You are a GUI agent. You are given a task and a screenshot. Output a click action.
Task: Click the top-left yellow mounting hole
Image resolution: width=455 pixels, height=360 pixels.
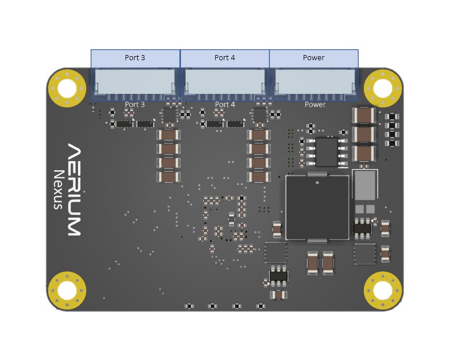(x=67, y=88)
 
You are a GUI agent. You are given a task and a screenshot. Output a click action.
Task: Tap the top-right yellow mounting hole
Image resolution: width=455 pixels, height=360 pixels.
(x=383, y=88)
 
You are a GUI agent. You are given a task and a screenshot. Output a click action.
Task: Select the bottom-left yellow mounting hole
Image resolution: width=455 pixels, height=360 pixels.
(x=67, y=291)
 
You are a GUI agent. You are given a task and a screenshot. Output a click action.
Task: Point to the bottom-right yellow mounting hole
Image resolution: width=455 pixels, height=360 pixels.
(x=383, y=291)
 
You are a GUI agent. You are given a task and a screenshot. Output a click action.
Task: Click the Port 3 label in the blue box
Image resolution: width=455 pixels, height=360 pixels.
(x=135, y=58)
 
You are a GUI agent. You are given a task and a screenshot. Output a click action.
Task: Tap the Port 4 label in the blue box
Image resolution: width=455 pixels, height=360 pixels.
(x=224, y=58)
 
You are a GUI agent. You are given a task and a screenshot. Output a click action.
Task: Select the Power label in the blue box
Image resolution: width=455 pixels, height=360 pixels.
(x=314, y=58)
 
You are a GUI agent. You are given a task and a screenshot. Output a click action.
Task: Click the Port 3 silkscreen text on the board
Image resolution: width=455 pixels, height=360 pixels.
(x=135, y=104)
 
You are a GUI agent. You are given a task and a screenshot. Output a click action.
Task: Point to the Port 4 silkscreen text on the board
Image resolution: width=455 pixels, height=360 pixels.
(x=225, y=104)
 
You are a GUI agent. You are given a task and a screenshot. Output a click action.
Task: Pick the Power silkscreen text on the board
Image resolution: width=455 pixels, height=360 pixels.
(x=315, y=104)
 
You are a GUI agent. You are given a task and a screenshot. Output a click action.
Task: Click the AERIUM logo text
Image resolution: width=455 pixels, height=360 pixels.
(x=74, y=190)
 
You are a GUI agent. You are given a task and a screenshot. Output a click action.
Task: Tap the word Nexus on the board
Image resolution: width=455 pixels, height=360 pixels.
(x=59, y=190)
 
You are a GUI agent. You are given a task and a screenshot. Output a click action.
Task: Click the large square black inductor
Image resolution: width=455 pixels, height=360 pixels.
(x=317, y=208)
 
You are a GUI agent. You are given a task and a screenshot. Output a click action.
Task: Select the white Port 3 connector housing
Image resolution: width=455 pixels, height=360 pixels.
(x=135, y=81)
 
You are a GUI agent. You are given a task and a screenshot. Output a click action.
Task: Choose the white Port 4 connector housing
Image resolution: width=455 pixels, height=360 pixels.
(x=225, y=81)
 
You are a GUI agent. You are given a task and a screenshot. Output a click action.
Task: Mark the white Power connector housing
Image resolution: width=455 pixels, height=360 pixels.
(x=315, y=81)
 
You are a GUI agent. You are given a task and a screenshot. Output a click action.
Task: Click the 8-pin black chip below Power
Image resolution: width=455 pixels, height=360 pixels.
(x=326, y=152)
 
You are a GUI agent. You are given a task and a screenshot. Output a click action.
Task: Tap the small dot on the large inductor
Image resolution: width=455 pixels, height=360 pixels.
(x=317, y=183)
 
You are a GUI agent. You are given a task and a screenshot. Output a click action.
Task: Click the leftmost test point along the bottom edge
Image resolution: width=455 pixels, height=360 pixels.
(x=189, y=306)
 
